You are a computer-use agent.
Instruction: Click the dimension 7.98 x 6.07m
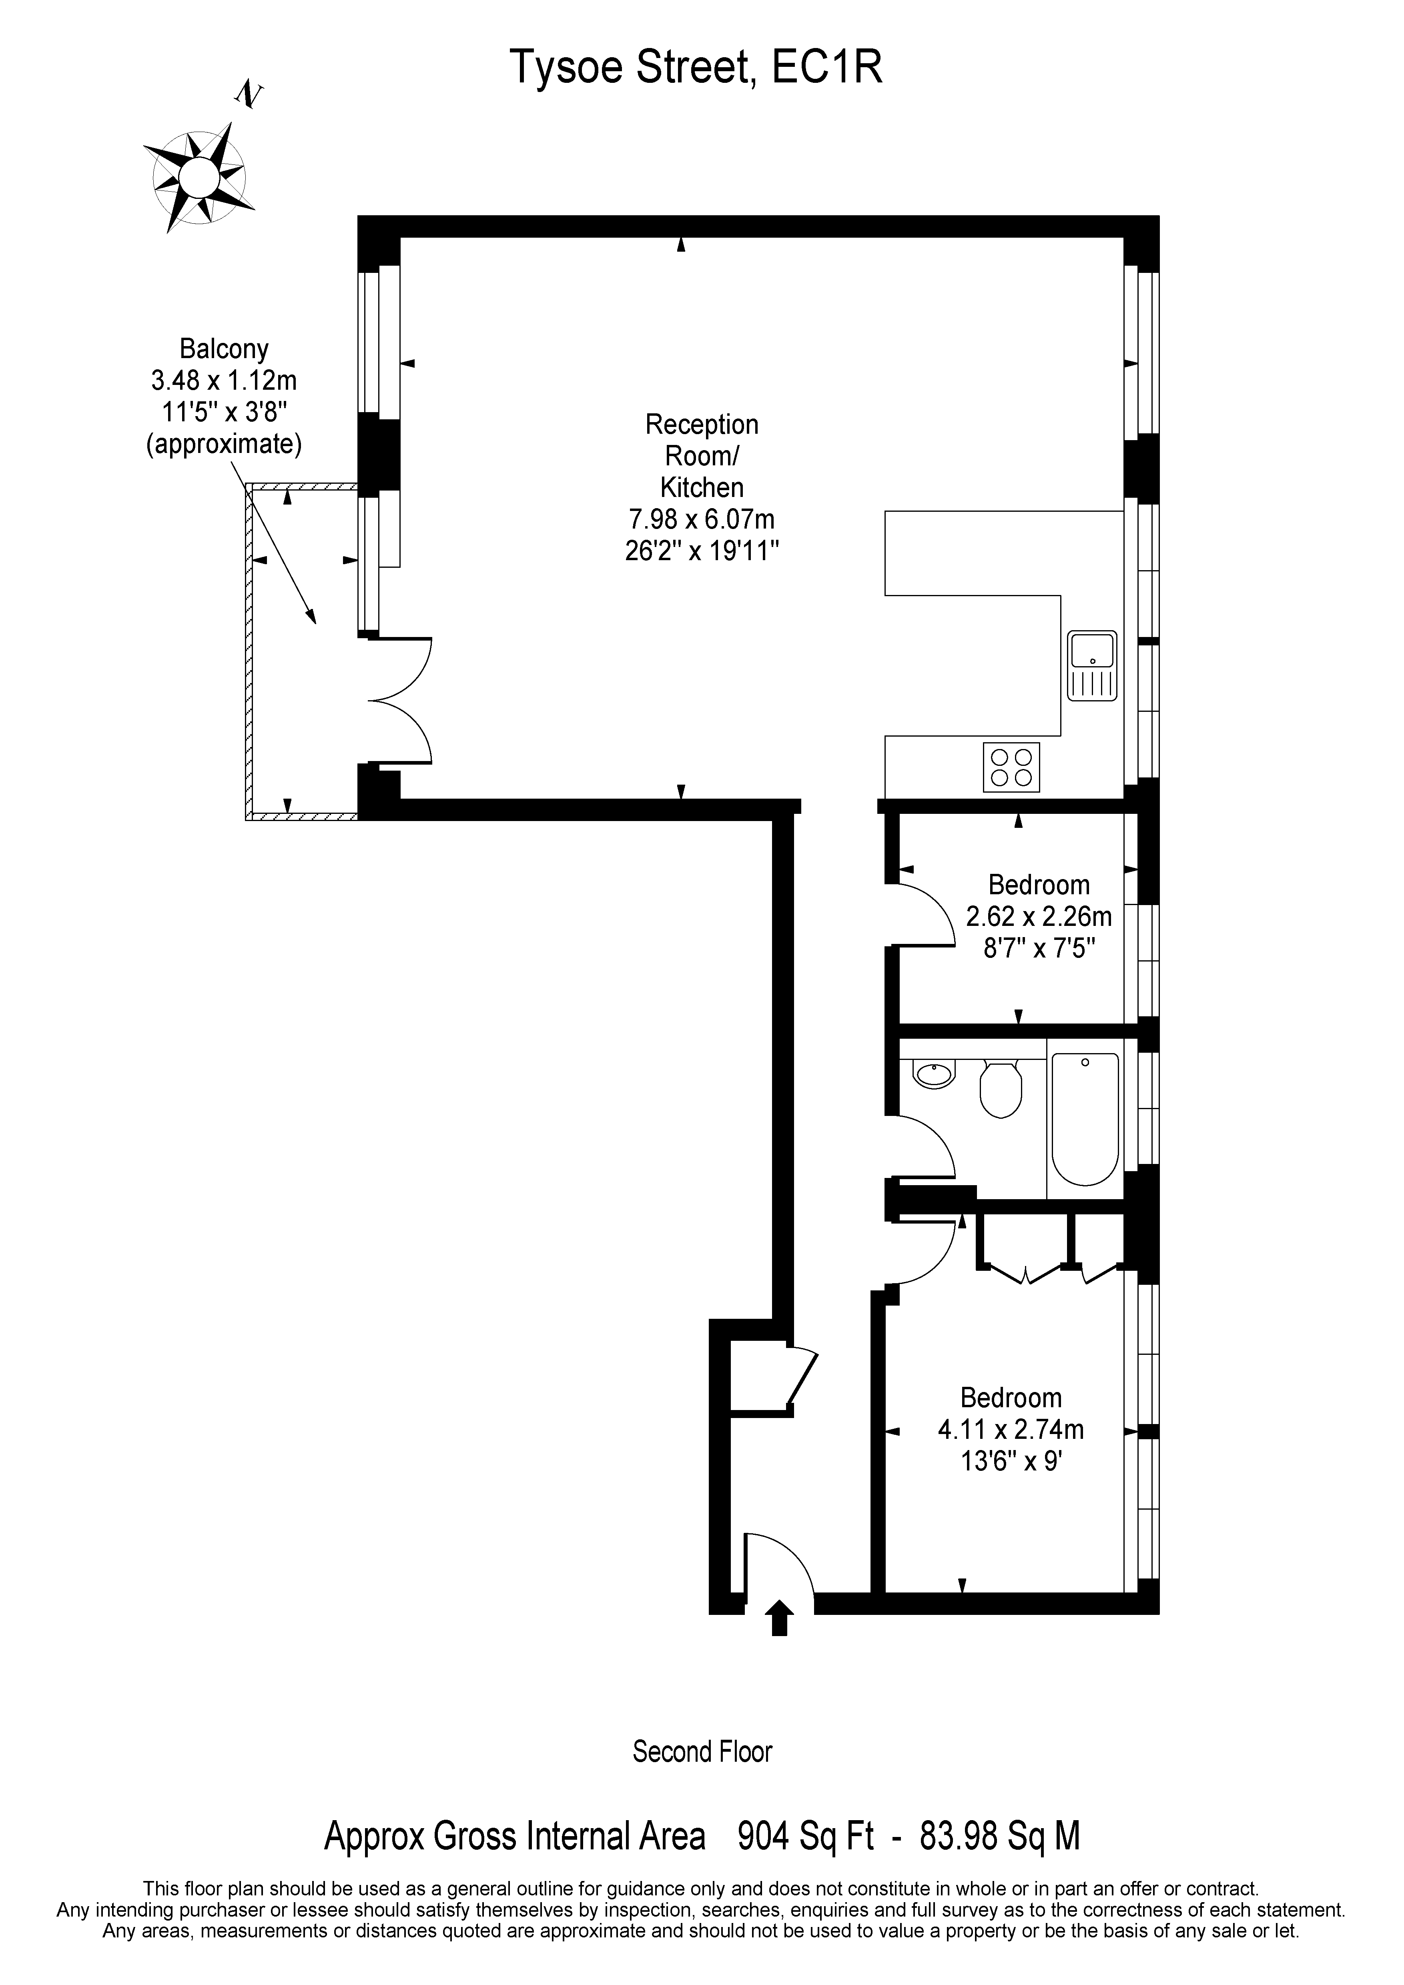701,520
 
